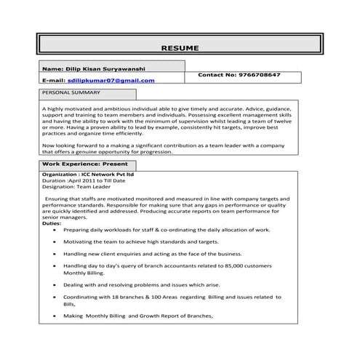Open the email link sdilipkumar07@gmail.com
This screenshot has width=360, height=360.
[116, 80]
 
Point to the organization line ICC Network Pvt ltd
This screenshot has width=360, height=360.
[88, 175]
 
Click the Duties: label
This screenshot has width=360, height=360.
[52, 224]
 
